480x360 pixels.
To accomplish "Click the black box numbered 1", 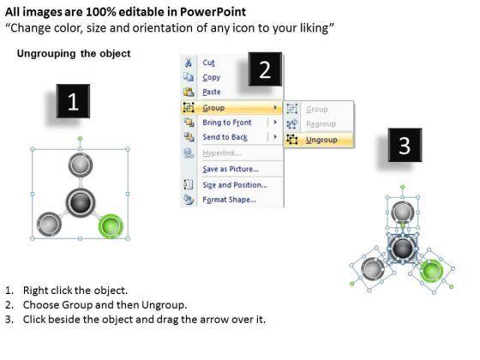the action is click(x=73, y=101).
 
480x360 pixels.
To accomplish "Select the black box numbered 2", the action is click(x=265, y=69).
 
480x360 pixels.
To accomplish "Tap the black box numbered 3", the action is click(x=405, y=145).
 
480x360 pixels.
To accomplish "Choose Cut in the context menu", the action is click(x=208, y=63).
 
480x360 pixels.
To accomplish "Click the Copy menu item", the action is click(x=211, y=77).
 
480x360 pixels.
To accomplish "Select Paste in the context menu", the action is click(x=212, y=92).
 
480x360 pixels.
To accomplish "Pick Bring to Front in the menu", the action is click(x=227, y=123).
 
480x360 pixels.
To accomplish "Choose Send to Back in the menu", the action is click(x=225, y=137).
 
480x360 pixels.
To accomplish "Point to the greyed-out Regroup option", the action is click(x=321, y=124).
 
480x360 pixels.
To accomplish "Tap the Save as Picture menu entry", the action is click(x=231, y=169).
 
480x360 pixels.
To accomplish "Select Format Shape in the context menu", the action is click(x=229, y=200).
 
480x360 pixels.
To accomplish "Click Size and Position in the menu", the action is click(x=235, y=185).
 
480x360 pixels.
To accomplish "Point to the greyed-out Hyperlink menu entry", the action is click(x=222, y=153).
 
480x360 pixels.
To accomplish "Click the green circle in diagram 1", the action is click(x=111, y=226).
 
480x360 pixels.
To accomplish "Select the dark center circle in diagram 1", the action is click(x=80, y=202).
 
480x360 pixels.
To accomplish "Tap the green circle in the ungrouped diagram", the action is click(x=431, y=271).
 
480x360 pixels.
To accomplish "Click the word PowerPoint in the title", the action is click(x=213, y=12).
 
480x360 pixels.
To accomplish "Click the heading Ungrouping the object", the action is click(x=74, y=53).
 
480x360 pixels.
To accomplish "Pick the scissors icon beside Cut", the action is click(x=189, y=63).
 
